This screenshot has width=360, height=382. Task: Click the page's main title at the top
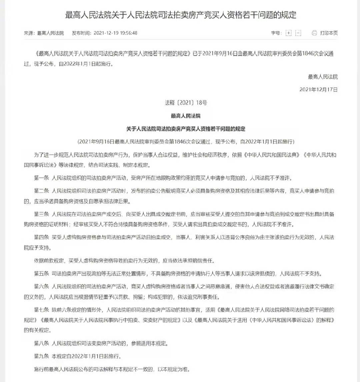[180, 15]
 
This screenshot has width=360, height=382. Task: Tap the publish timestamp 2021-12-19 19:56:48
[115, 33]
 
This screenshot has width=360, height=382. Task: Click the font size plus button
[289, 33]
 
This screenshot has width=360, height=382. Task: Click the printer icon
[314, 33]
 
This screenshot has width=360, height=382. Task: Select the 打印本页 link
[329, 33]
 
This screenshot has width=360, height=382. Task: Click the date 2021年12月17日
[318, 89]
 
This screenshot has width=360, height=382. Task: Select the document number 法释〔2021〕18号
[186, 103]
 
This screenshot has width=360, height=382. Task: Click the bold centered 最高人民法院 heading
[186, 116]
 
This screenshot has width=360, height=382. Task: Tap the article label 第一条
[42, 178]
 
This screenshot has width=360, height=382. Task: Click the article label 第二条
[42, 191]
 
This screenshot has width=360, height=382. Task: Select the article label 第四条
[42, 237]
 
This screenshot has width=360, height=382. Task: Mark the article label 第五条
[42, 274]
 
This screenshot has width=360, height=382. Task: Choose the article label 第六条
[42, 286]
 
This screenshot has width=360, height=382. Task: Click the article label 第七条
[42, 310]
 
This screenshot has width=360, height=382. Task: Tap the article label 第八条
[42, 343]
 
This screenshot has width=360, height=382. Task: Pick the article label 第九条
[42, 356]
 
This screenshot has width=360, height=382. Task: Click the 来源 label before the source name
[29, 33]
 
